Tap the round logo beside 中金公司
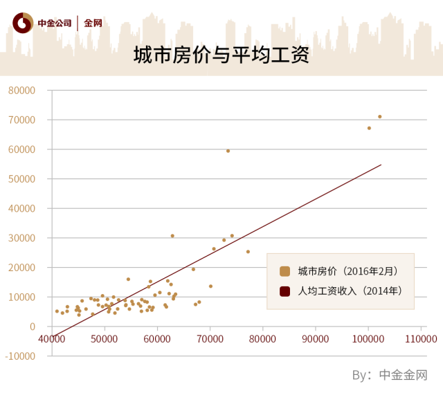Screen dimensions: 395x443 (22, 22)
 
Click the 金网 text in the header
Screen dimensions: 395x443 (93, 23)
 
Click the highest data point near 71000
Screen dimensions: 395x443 (380, 116)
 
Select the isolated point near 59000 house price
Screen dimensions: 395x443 (228, 151)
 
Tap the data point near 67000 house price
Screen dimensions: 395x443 (369, 128)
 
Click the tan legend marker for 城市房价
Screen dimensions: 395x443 (284, 271)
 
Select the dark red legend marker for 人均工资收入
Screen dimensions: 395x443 (284, 291)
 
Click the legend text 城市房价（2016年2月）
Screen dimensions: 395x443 (347, 271)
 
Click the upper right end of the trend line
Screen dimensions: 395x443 (381, 165)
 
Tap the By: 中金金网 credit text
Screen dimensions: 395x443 (390, 375)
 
